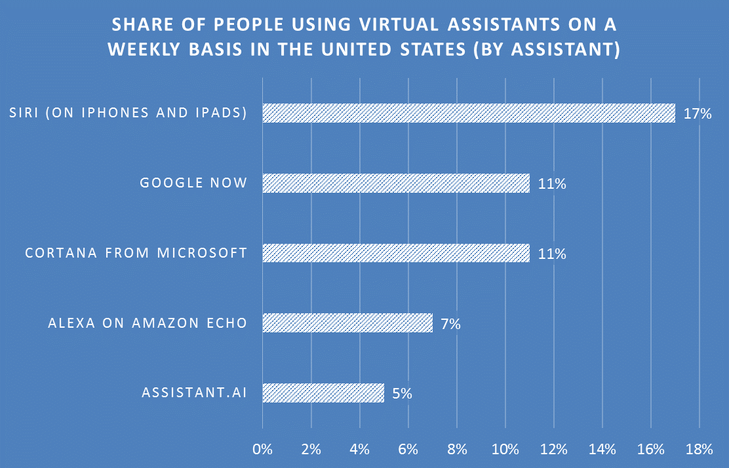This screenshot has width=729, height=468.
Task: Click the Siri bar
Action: point(469,113)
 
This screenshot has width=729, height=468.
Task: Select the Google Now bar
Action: point(396,183)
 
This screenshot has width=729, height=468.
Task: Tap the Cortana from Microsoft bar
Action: point(396,253)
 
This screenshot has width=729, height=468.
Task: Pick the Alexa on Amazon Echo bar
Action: point(347,322)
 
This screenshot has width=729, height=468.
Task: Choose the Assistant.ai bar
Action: point(323,393)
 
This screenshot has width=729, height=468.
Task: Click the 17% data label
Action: point(697,114)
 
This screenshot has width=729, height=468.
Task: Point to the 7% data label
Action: point(450,324)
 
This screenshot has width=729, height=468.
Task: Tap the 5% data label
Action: point(401,394)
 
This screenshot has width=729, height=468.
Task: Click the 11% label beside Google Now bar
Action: point(552,184)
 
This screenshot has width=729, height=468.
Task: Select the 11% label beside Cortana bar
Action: point(552,254)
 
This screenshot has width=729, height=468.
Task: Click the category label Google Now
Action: point(193,183)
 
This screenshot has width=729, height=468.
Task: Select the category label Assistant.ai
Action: point(194,393)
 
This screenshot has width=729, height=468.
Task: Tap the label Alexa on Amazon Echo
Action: point(148,323)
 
